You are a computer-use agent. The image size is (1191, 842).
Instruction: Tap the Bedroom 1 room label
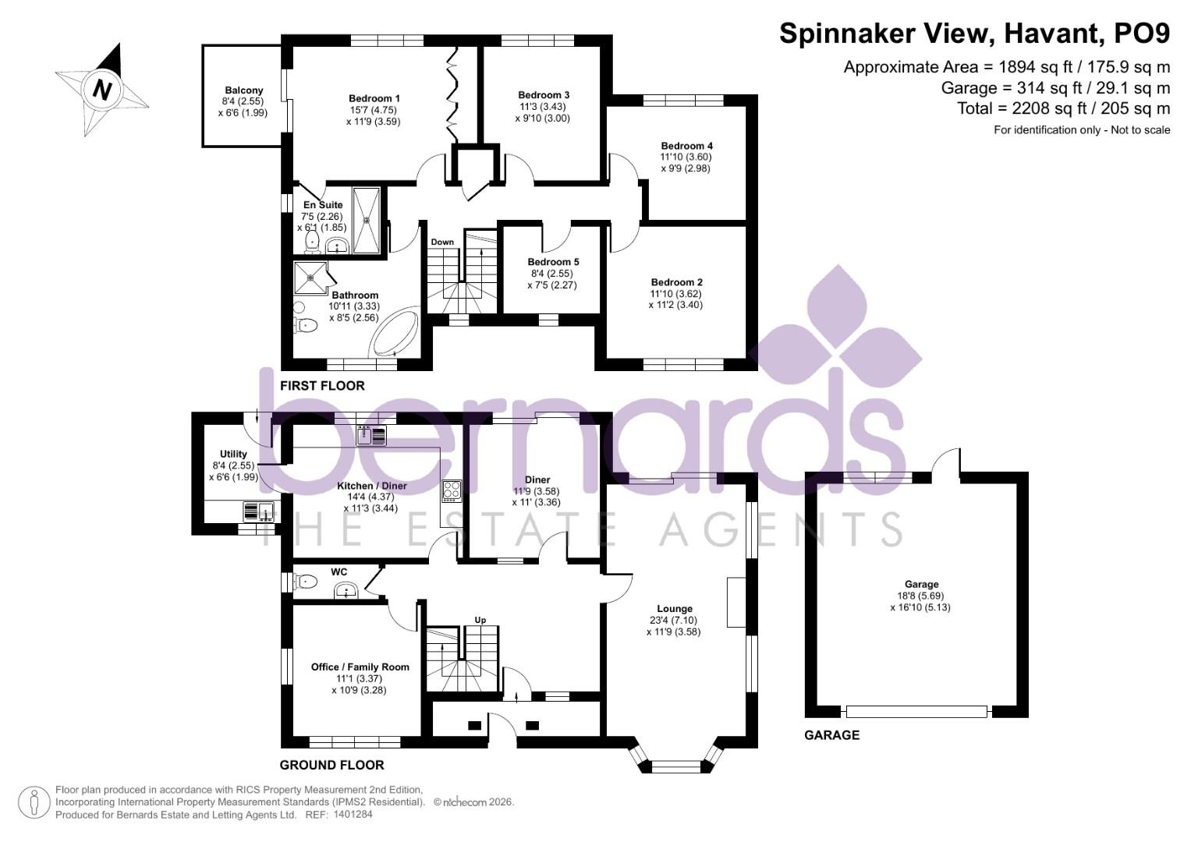(x=374, y=98)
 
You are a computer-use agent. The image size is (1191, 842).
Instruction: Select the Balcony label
(x=244, y=90)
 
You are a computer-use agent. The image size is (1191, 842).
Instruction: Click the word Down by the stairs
(x=442, y=242)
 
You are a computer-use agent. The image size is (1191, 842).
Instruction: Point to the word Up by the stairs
(x=480, y=620)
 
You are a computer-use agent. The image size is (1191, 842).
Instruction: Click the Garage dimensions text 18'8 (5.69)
(x=921, y=596)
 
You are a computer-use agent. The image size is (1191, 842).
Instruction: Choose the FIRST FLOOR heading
(x=322, y=386)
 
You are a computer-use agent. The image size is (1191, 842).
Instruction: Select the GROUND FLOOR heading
(x=332, y=765)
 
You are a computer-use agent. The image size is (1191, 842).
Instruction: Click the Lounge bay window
(x=675, y=764)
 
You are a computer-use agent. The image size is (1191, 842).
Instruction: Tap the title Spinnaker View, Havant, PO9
(x=974, y=34)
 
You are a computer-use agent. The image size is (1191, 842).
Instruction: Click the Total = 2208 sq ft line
(x=1064, y=108)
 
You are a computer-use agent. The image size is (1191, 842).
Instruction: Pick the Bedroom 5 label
(x=553, y=262)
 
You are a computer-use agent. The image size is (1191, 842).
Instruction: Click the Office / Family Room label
(x=360, y=667)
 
